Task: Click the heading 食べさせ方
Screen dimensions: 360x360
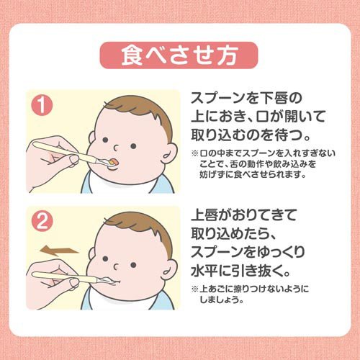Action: point(179,55)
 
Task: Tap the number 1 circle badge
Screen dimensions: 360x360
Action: point(42,105)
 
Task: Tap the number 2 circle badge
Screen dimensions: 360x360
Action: point(42,221)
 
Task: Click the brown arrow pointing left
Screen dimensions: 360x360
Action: point(59,251)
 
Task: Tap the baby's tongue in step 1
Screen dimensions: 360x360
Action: point(113,161)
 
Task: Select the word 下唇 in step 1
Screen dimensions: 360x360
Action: point(274,98)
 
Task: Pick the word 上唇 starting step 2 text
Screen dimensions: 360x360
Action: point(204,215)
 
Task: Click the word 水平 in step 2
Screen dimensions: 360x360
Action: point(204,271)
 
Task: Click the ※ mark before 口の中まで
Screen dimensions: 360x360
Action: point(194,153)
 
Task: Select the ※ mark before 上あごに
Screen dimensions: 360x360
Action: point(194,289)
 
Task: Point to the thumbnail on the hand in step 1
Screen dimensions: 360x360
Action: point(74,158)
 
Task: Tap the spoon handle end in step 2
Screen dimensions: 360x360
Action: point(34,275)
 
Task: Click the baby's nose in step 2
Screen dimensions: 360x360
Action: point(116,266)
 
